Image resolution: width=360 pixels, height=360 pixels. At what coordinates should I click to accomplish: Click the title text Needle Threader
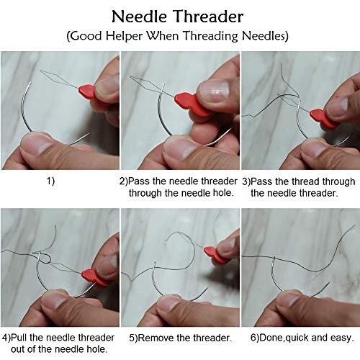(179, 15)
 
